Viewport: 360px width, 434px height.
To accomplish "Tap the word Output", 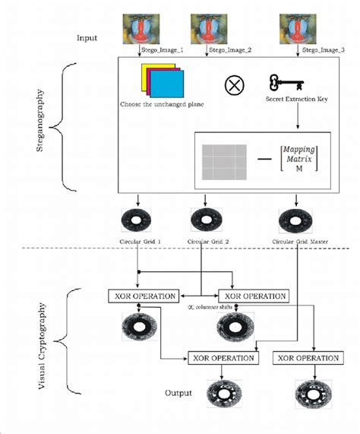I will click(x=180, y=394).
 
